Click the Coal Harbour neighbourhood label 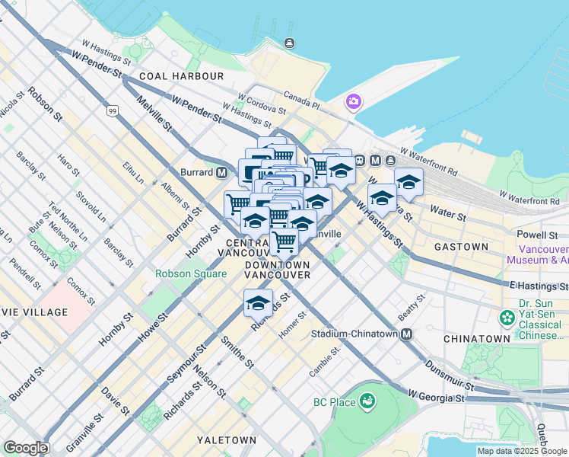point(181,76)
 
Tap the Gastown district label point(461,247)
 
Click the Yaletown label point(227,440)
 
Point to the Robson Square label point(191,273)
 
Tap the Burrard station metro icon point(221,173)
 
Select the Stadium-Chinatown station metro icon point(407,334)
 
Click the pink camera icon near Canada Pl point(353,101)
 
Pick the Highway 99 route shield point(113,111)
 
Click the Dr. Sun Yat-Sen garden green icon point(507,316)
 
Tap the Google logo point(25,448)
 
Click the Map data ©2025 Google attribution point(522,451)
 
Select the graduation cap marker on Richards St point(258,304)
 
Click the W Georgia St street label point(436,397)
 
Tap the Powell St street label point(537,235)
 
